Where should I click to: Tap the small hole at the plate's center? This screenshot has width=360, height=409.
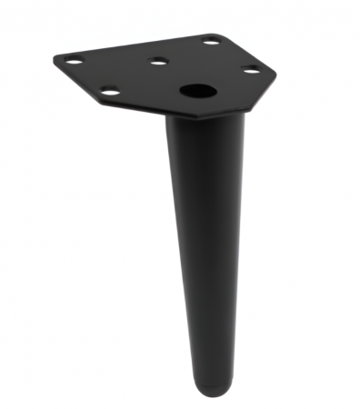pyautogui.click(x=159, y=62)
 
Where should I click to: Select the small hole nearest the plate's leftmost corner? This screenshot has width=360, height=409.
pyautogui.click(x=75, y=61)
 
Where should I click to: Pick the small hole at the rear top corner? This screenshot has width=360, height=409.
pyautogui.click(x=211, y=40)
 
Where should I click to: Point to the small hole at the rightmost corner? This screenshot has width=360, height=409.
pyautogui.click(x=251, y=70)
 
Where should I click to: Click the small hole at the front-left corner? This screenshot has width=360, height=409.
pyautogui.click(x=109, y=91)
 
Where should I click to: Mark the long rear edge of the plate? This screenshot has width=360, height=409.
pyautogui.click(x=136, y=45)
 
